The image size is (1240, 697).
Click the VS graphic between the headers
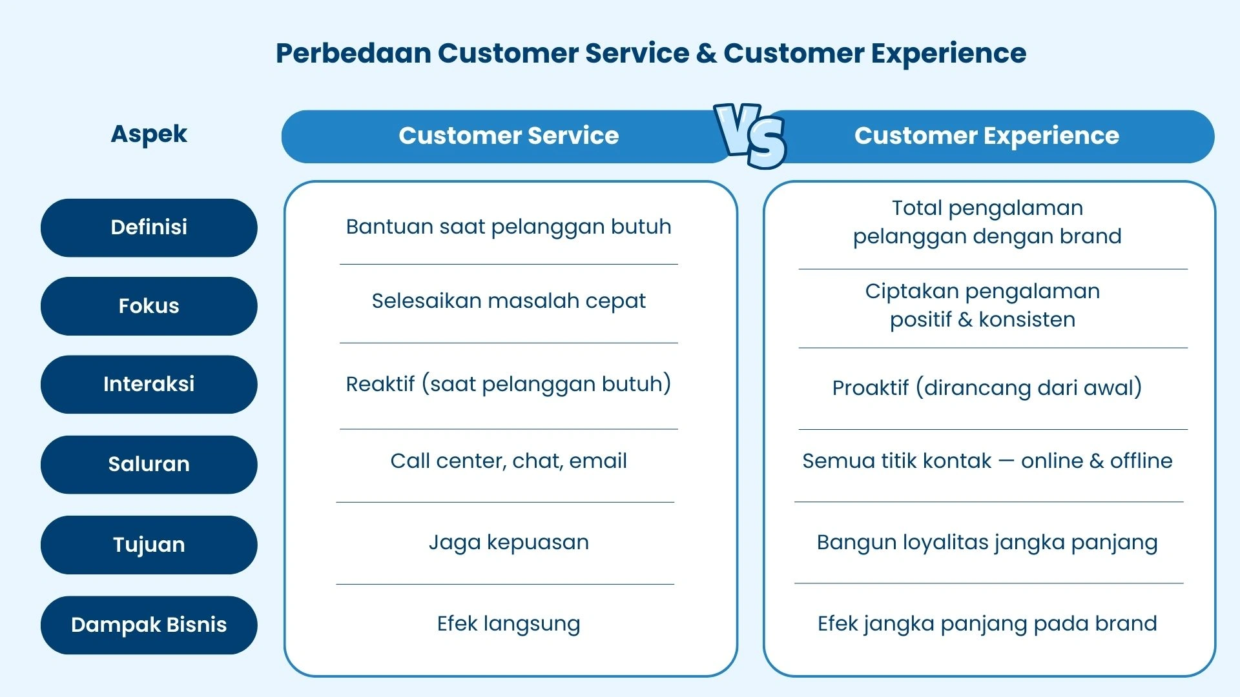(750, 136)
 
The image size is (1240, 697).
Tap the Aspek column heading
(149, 134)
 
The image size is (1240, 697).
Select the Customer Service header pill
(508, 136)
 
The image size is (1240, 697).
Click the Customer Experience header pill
(986, 136)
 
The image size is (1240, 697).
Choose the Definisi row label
(149, 227)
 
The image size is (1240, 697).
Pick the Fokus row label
(149, 306)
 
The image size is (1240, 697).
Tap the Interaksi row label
(149, 384)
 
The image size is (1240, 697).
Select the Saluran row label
(149, 464)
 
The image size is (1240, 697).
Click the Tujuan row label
(149, 545)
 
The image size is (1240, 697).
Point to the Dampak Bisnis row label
(149, 625)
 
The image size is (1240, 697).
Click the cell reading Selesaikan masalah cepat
(508, 301)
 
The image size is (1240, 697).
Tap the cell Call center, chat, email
(508, 461)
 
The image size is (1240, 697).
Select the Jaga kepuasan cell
(508, 542)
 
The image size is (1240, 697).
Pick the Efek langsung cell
(508, 623)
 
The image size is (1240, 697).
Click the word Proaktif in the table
(870, 388)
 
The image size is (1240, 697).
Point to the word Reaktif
(380, 384)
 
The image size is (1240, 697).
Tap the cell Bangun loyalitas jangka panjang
(986, 542)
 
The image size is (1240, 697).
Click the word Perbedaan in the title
(353, 53)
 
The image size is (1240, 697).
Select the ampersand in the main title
(706, 53)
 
